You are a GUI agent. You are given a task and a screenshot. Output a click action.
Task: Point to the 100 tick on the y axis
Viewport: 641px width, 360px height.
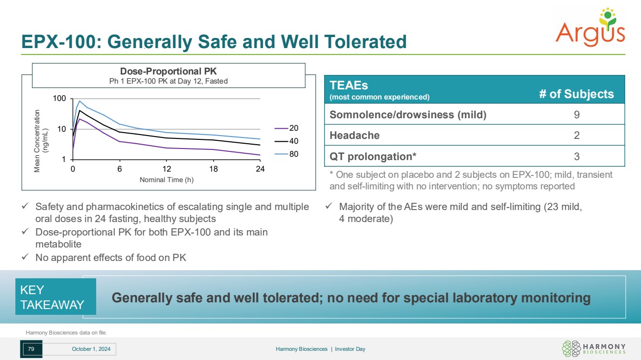60,99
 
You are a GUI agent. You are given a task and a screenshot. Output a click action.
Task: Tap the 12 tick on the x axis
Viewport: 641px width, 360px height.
166,169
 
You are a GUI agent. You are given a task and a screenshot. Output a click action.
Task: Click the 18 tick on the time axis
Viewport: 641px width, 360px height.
214,169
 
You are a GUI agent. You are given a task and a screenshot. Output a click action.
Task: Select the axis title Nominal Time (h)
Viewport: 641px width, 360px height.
166,180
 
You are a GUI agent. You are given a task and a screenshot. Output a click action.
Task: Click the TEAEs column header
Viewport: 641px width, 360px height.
349,85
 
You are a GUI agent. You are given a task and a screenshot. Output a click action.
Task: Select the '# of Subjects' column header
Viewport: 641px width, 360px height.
576,94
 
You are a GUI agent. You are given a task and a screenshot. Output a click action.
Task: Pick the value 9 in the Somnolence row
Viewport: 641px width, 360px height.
576,115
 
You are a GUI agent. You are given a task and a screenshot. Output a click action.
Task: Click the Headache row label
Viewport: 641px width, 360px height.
354,136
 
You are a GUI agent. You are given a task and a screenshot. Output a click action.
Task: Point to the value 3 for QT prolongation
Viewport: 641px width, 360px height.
576,156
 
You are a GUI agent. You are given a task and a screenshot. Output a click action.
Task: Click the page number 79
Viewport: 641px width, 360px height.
31,349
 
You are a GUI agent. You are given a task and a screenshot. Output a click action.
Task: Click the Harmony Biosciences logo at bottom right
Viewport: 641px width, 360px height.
594,349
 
